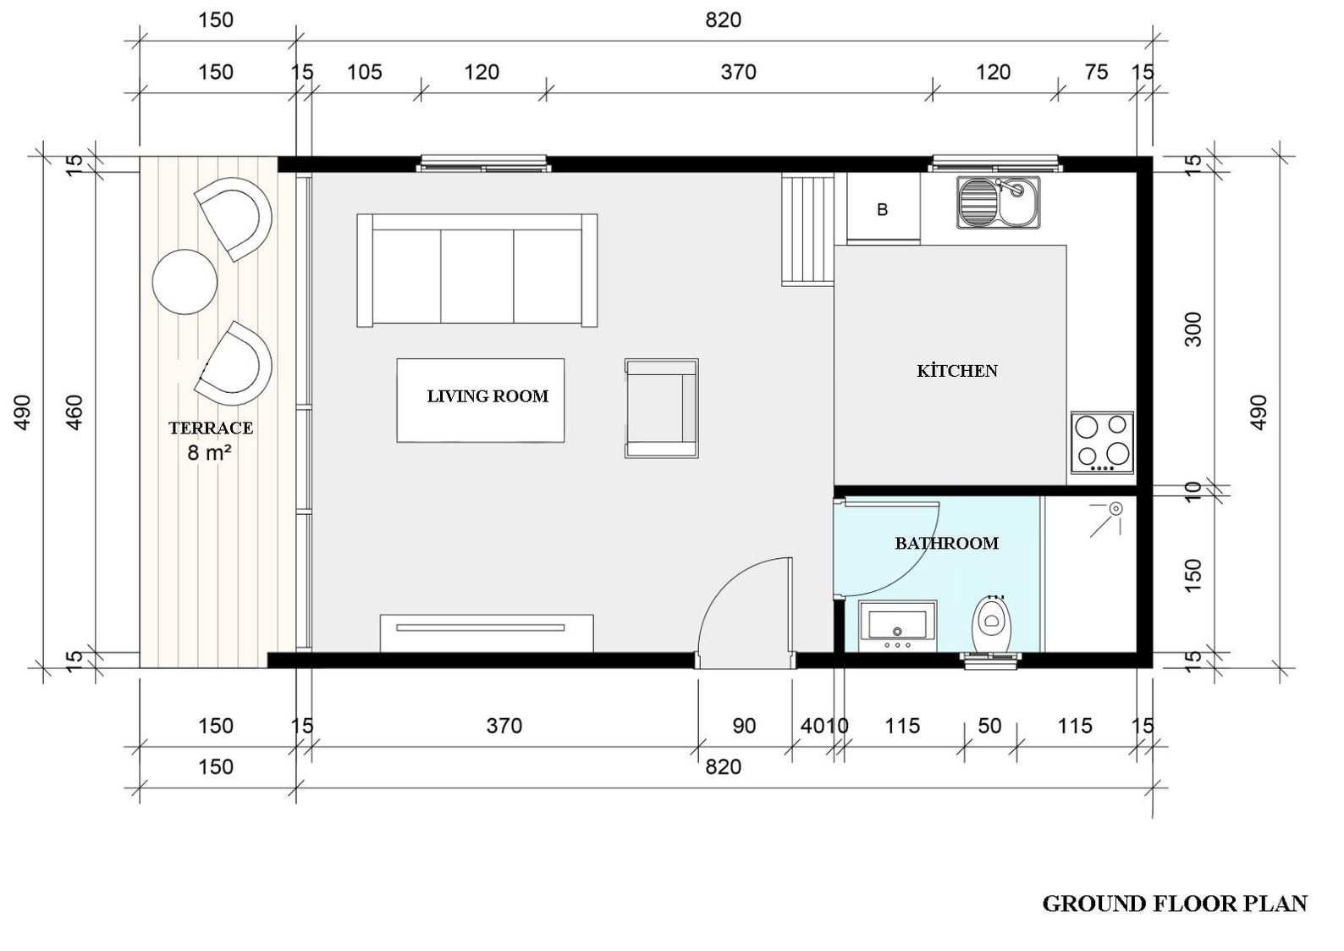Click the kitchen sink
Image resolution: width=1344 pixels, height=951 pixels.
998,202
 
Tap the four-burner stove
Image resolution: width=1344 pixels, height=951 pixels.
1101,442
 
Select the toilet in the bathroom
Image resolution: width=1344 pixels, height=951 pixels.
991,625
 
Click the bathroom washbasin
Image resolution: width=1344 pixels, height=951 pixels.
897,626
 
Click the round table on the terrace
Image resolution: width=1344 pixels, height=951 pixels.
185,282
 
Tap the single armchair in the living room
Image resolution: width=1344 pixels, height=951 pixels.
661,408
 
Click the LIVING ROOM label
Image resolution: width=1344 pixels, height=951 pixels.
487,396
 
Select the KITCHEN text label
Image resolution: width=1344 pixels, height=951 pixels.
957,371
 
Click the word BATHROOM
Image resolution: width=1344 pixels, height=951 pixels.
946,544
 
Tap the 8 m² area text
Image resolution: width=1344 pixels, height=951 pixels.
209,453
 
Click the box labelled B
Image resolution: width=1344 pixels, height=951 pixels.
882,209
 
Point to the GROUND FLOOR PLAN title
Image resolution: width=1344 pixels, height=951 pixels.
1174,904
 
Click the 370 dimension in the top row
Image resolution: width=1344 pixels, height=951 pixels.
738,72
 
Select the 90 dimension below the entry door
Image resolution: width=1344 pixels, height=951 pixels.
743,726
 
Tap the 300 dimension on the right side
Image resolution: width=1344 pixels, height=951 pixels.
1193,329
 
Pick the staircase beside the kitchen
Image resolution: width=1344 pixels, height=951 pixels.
807,229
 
